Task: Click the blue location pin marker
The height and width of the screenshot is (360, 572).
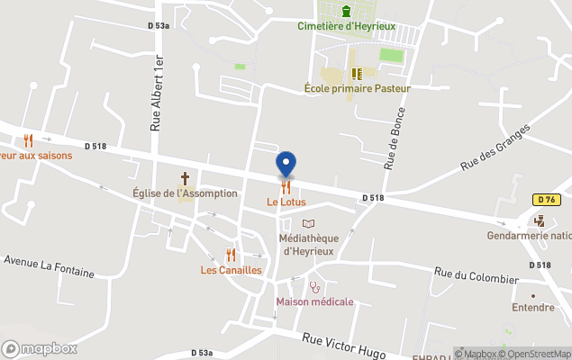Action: [x=286, y=165]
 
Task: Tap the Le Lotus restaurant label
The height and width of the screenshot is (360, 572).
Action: [x=286, y=202]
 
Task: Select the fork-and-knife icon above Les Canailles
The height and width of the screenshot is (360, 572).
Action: [x=231, y=255]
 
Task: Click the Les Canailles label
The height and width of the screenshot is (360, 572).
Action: [x=231, y=269]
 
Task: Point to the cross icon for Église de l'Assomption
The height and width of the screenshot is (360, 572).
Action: [x=186, y=178]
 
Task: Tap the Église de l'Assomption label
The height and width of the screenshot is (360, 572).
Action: [x=185, y=193]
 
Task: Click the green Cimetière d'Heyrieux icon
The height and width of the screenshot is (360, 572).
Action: [x=347, y=11]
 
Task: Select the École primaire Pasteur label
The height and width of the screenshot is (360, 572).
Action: [x=357, y=88]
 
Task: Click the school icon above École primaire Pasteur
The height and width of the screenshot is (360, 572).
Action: [x=356, y=74]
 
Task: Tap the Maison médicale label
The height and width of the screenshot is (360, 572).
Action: [x=314, y=302]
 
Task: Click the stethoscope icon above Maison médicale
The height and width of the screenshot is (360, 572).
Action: [x=314, y=287]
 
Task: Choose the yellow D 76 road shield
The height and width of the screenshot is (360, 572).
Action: [x=544, y=200]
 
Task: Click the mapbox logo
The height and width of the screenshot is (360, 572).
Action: [x=40, y=348]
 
